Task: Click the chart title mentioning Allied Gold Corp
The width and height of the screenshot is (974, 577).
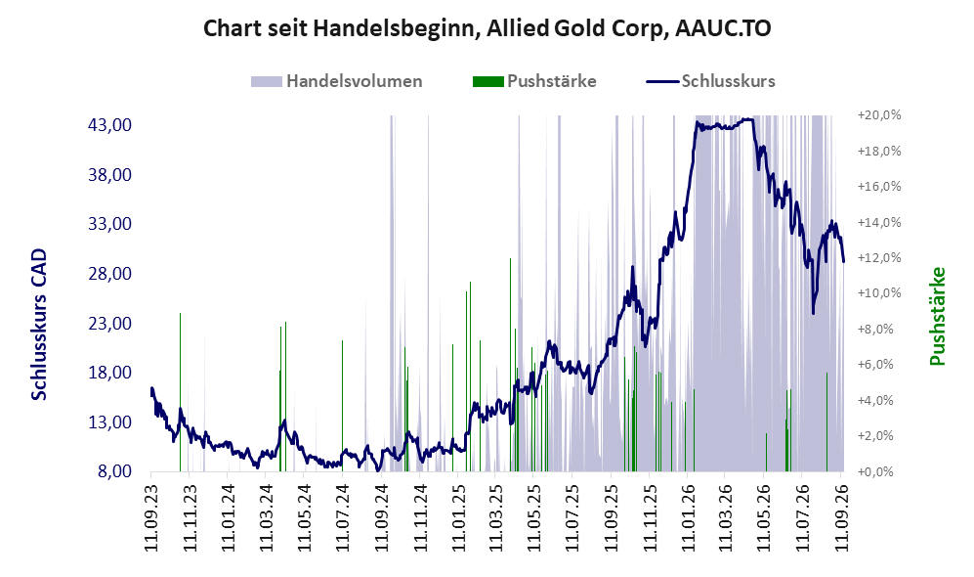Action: tap(487, 28)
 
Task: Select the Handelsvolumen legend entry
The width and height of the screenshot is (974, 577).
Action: tap(337, 81)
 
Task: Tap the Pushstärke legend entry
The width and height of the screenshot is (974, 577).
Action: tap(534, 81)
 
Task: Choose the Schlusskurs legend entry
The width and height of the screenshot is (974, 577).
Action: tap(710, 81)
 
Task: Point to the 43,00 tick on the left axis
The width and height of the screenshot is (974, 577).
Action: tap(110, 125)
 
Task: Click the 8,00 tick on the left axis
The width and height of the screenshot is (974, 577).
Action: tap(115, 471)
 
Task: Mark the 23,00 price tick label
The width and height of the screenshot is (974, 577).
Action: tap(110, 324)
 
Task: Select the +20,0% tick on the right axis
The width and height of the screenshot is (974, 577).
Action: tap(879, 115)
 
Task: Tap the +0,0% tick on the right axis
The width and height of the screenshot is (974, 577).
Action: tap(879, 472)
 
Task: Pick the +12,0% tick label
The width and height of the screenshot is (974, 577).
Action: tap(879, 258)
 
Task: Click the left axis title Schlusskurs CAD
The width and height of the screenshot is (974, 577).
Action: tap(39, 325)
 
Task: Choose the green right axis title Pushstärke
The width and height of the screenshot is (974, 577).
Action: tap(937, 317)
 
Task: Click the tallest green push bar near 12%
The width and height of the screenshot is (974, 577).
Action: tap(510, 365)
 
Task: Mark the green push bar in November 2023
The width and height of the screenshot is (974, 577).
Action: tap(180, 392)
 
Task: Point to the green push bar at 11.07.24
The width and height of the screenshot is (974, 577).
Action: tap(342, 406)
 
